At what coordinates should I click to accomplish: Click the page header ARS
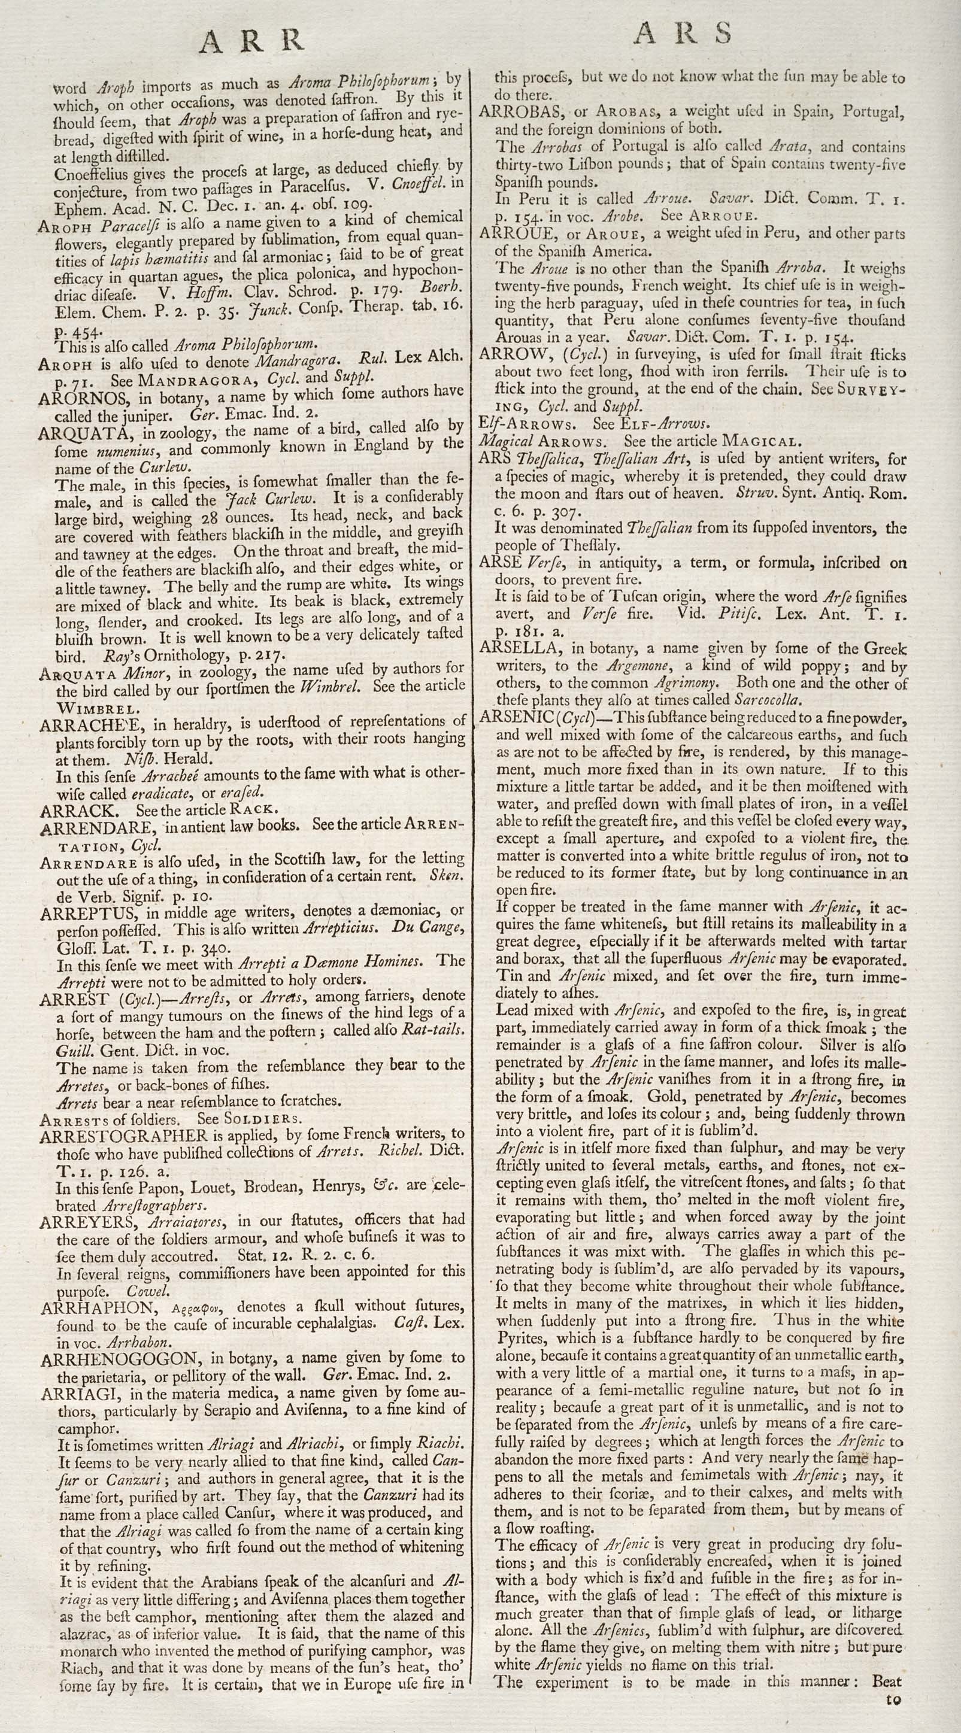tap(683, 34)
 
